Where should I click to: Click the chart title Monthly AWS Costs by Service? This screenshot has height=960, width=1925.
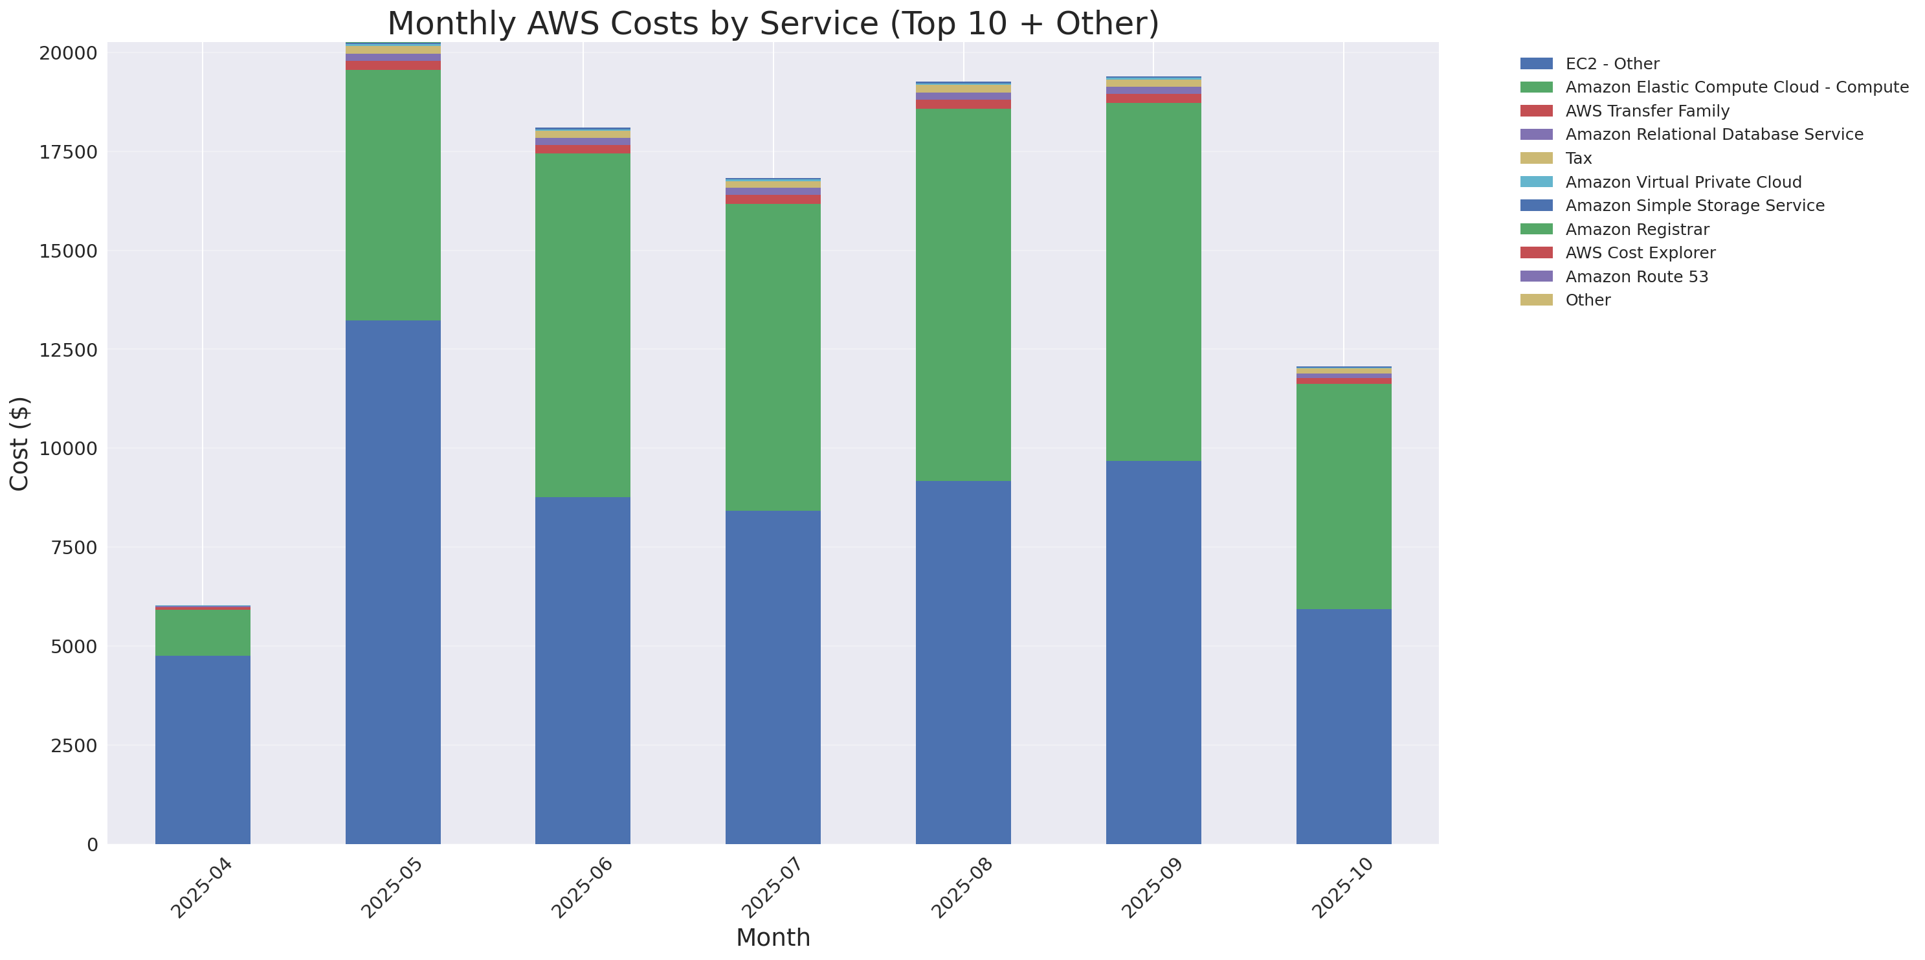tap(773, 23)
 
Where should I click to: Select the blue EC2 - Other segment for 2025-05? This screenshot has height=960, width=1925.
tap(393, 582)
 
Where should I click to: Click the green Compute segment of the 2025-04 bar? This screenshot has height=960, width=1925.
tap(203, 632)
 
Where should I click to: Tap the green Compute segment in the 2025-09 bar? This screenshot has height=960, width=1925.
tap(1153, 282)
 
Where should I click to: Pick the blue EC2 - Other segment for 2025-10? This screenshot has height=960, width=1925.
tap(1343, 726)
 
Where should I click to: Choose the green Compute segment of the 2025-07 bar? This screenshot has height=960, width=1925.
tap(773, 357)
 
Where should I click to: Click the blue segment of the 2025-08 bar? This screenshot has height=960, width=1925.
tap(963, 662)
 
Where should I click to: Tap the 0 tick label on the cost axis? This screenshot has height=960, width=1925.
tap(92, 844)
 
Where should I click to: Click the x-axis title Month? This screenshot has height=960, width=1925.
tap(773, 937)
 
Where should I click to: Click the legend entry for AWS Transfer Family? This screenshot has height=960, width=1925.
tap(1647, 111)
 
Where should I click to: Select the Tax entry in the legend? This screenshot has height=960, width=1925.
tap(1578, 159)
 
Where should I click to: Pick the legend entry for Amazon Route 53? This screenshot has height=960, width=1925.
tap(1636, 276)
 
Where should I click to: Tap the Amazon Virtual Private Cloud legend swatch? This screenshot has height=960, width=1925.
tap(1537, 181)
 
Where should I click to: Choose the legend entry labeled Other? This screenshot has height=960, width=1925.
tap(1587, 300)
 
